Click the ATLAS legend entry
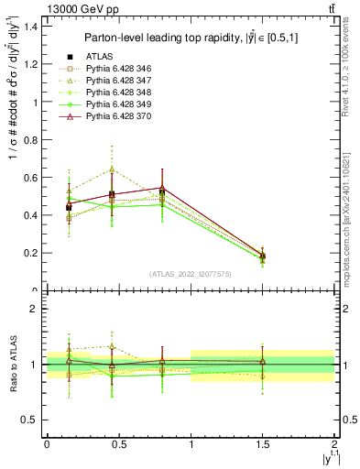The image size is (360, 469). pyautogui.click(x=98, y=56)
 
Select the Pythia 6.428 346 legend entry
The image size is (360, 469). pyautogui.click(x=115, y=69)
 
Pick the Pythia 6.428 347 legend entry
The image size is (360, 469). pyautogui.click(x=115, y=82)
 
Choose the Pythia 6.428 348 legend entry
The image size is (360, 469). pyautogui.click(x=115, y=93)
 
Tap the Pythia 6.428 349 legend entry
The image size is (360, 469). pyautogui.click(x=115, y=105)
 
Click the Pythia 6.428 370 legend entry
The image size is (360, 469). pyautogui.click(x=115, y=117)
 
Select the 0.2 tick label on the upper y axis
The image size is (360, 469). pyautogui.click(x=31, y=253)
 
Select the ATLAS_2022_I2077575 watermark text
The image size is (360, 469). pyautogui.click(x=191, y=274)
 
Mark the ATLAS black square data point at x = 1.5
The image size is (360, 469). pyautogui.click(x=263, y=256)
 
